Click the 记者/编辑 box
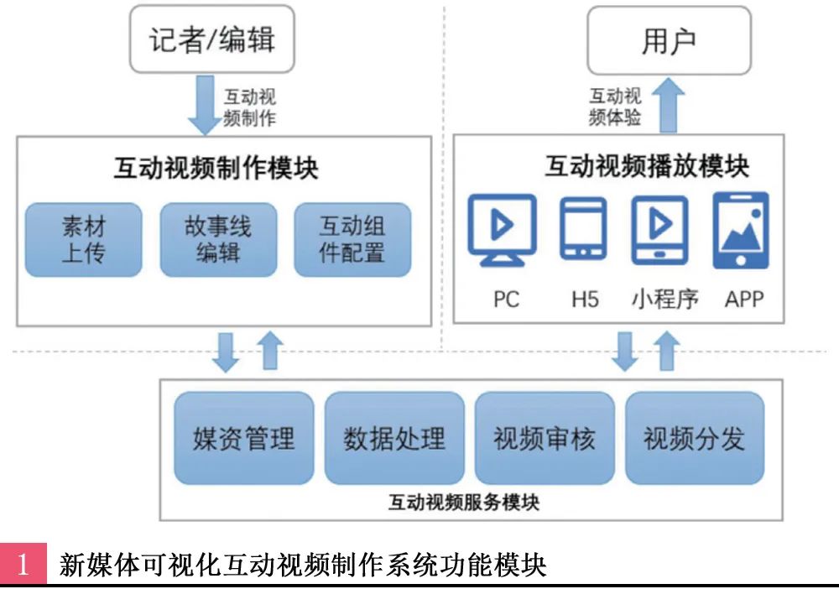212,40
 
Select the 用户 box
669,40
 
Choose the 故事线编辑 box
218,239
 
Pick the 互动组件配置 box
352,239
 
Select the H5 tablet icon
583,227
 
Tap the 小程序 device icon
659,227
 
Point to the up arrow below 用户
669,105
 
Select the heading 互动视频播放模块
647,166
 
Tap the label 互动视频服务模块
464,503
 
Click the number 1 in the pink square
23,565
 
